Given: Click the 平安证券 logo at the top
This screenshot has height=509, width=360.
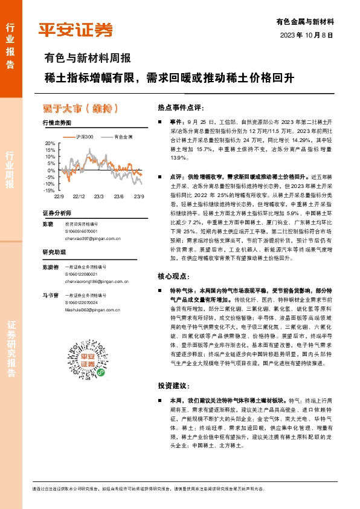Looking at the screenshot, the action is point(76,30).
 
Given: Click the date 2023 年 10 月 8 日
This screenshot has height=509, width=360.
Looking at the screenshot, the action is point(307,35).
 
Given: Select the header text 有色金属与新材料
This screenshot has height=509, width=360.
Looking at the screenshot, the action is point(305,21).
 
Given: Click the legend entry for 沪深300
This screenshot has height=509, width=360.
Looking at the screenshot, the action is point(83,137).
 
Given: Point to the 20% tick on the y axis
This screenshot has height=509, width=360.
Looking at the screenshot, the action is point(50,144).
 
